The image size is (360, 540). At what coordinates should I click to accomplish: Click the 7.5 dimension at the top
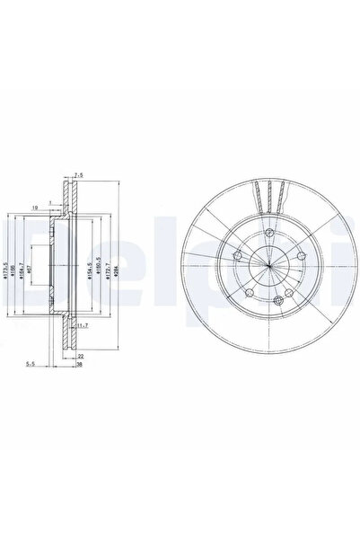tap(79, 176)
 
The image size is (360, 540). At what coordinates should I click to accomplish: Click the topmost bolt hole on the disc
tap(269, 234)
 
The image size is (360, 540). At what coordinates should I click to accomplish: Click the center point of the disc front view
tap(269, 267)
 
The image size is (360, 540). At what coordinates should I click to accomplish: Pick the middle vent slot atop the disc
tap(269, 193)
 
